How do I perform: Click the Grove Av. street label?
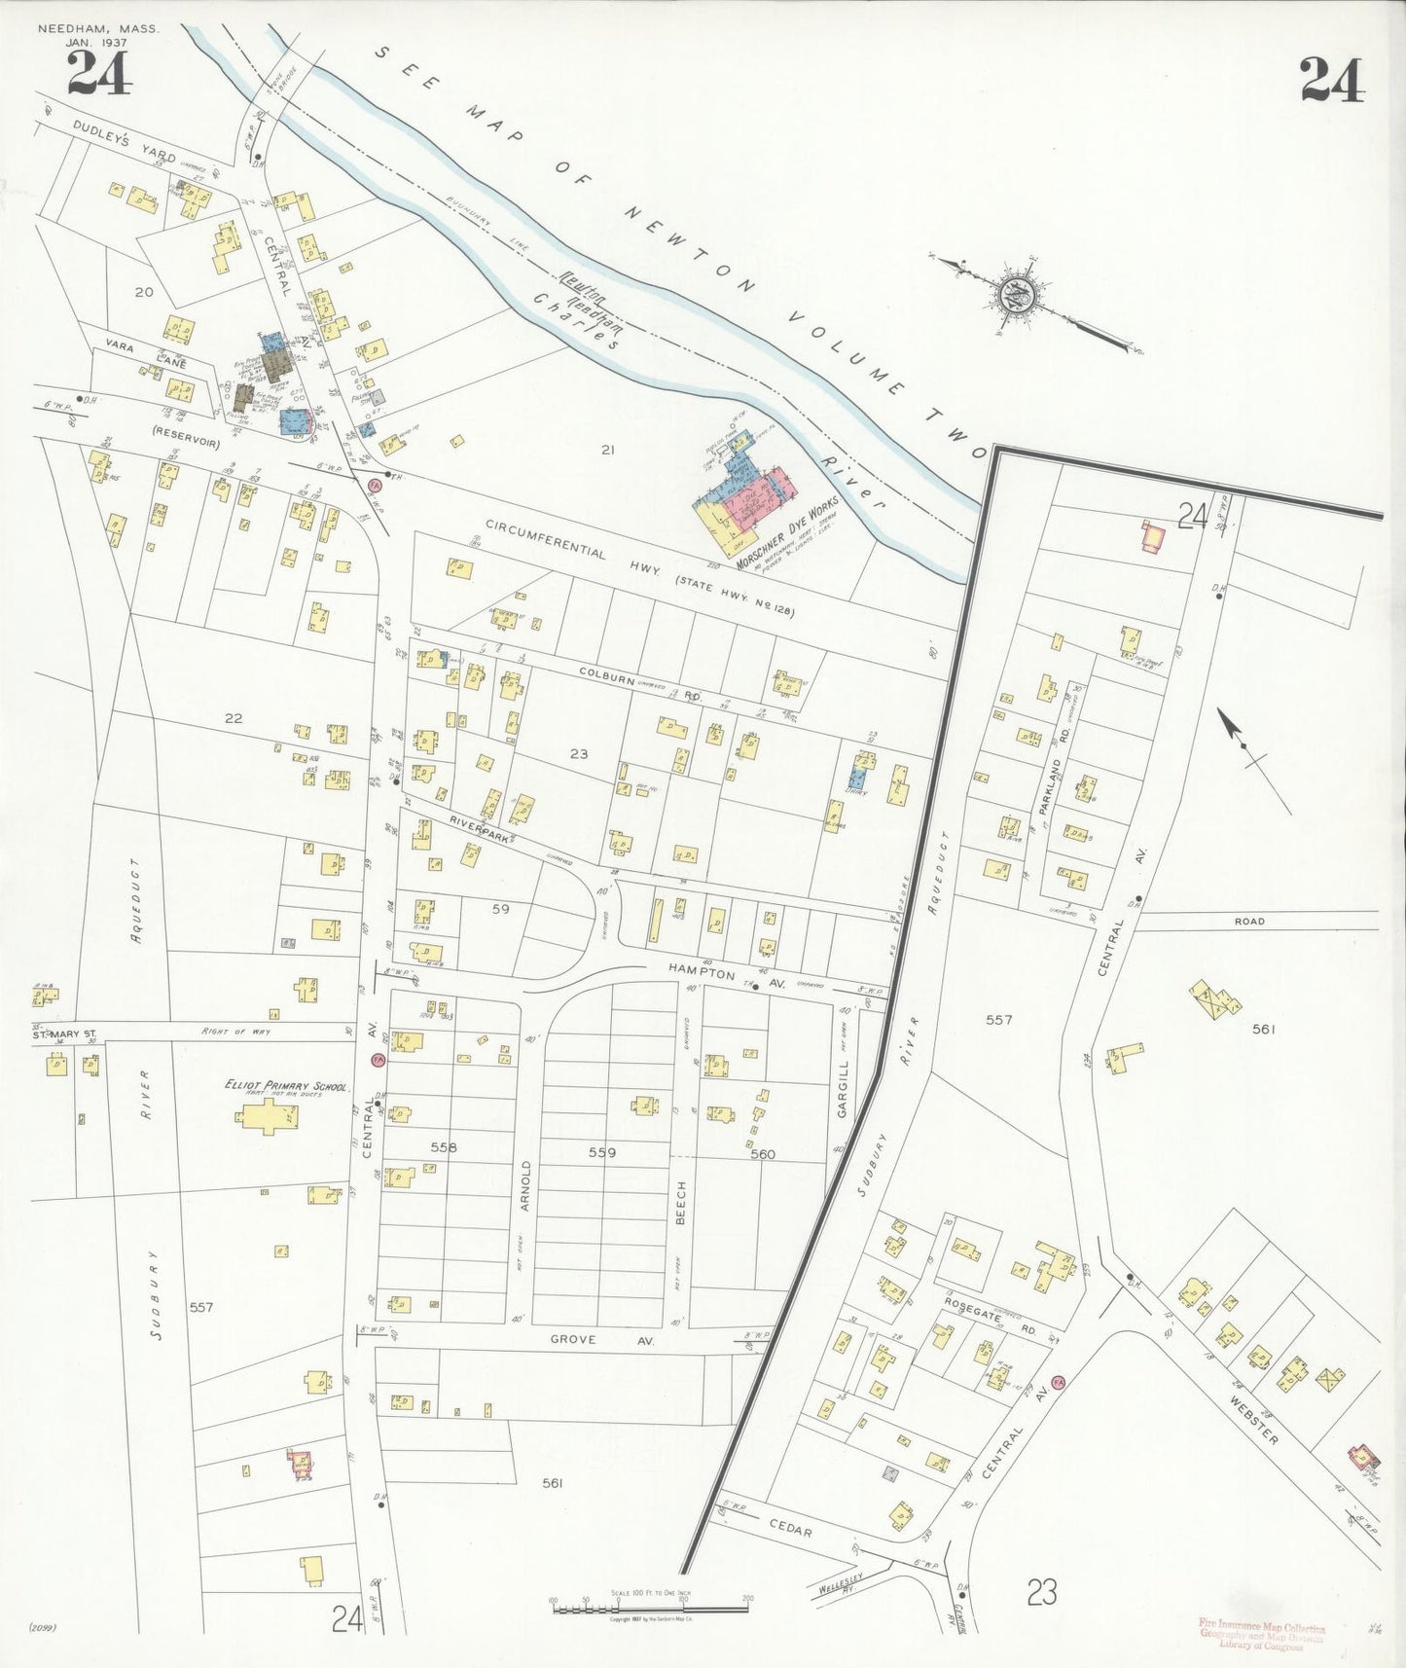click(601, 1339)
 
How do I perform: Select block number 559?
click(602, 1152)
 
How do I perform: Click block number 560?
click(763, 1154)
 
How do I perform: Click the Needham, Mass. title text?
click(98, 29)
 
